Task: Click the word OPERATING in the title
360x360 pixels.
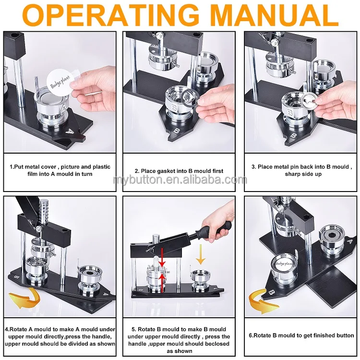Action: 111,15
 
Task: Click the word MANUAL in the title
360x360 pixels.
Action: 275,15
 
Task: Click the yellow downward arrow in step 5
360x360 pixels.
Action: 201,254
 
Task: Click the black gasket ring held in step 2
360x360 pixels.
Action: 191,97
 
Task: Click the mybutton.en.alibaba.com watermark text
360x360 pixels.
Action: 180,180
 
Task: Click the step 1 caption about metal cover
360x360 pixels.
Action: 60,170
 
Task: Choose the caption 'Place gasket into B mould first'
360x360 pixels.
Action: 179,171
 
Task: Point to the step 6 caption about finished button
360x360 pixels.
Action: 301,336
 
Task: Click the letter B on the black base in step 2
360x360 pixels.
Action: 176,131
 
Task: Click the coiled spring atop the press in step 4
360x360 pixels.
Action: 43,212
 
